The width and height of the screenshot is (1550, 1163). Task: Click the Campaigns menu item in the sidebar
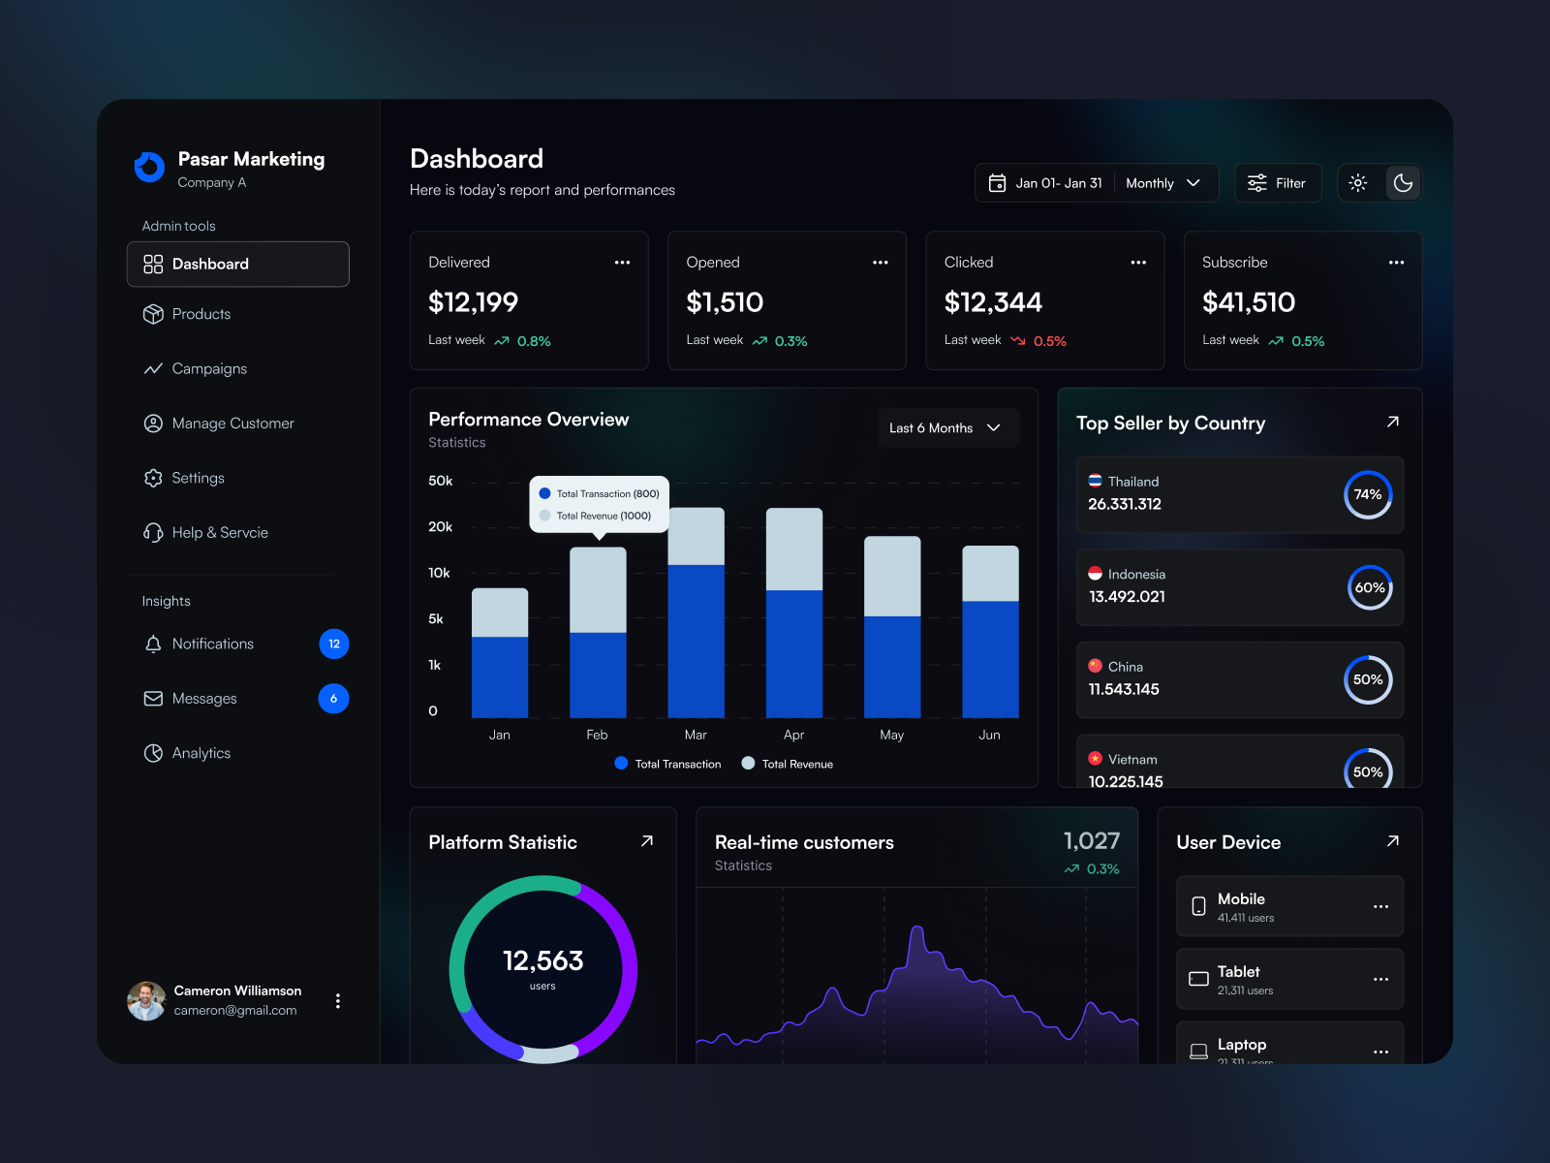pos(208,369)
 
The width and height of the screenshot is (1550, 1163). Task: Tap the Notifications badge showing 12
pos(334,644)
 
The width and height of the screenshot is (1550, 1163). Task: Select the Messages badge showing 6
pos(333,699)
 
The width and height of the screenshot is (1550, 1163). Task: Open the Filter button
pos(1277,183)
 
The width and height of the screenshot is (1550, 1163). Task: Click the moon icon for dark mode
pos(1402,183)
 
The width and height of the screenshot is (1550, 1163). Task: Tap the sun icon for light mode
pos(1358,183)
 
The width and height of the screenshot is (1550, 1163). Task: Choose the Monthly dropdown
pos(1162,183)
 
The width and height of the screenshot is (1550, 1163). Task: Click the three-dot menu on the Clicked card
pos(1138,263)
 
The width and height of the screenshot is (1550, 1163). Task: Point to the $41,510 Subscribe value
pos(1248,302)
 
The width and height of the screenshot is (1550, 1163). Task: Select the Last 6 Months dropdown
pos(945,427)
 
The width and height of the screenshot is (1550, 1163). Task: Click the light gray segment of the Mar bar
pos(696,536)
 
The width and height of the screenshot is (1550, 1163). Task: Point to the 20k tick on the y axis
pos(440,527)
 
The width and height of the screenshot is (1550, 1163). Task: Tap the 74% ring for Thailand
pos(1368,494)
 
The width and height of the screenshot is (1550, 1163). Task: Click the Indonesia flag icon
pos(1095,574)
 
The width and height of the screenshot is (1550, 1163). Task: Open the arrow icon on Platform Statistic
pos(647,841)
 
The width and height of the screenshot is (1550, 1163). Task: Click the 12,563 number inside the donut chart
pos(542,960)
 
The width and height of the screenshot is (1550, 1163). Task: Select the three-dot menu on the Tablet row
pos(1380,979)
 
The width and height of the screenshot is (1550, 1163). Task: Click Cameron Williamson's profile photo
pos(146,1000)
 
